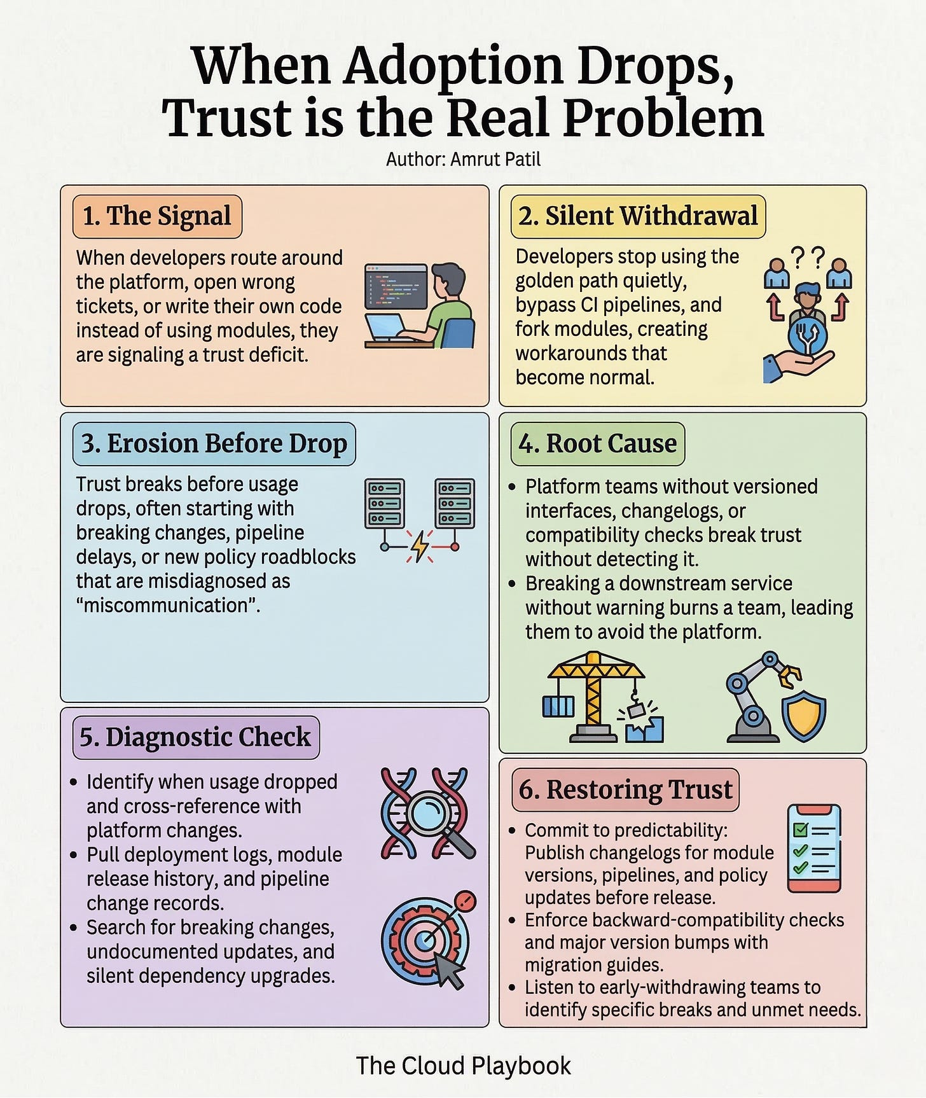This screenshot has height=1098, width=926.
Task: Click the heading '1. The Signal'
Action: (x=157, y=216)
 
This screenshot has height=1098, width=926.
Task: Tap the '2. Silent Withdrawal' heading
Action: (x=638, y=216)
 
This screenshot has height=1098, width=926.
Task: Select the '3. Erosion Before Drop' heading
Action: (x=214, y=443)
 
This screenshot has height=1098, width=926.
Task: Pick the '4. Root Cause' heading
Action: (x=598, y=443)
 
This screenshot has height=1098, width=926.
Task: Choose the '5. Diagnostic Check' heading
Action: (x=195, y=737)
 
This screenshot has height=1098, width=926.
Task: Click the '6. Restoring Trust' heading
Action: (x=625, y=789)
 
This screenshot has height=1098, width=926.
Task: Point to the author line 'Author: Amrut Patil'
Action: (x=463, y=159)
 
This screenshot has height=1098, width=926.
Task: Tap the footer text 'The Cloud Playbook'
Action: (x=463, y=1066)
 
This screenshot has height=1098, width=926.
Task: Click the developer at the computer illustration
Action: (x=420, y=305)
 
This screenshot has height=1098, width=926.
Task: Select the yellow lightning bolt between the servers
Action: (x=420, y=546)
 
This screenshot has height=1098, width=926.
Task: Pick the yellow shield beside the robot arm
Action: (x=804, y=716)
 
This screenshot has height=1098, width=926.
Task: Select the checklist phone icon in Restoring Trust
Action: (x=814, y=849)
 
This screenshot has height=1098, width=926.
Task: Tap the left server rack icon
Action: (x=384, y=504)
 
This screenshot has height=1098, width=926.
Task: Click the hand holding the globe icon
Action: (x=798, y=356)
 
